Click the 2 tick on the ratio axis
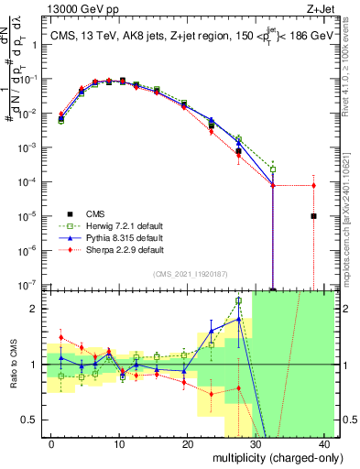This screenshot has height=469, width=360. pos(35,309)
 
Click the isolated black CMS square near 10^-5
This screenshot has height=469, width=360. pos(313,216)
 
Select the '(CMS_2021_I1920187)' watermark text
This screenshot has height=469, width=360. pos(190,273)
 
